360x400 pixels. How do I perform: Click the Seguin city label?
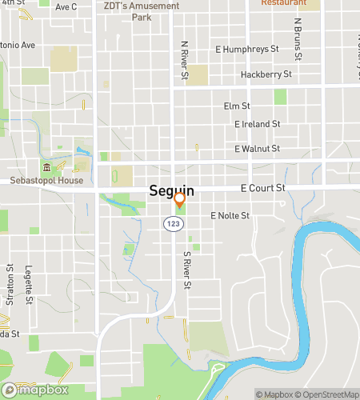[171, 192]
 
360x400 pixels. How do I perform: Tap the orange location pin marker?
[180, 200]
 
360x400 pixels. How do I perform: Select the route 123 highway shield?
[172, 224]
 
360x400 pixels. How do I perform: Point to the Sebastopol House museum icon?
[46, 167]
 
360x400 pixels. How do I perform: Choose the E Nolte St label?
[230, 216]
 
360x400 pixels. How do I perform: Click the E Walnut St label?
[257, 149]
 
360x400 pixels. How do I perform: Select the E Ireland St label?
[257, 124]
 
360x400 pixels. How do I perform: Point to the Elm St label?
[238, 106]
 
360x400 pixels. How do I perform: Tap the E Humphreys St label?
[247, 50]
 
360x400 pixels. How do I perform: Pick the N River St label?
[185, 61]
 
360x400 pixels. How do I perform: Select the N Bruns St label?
[298, 39]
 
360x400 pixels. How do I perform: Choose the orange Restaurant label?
[284, 3]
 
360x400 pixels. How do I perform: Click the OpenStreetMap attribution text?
[328, 394]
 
